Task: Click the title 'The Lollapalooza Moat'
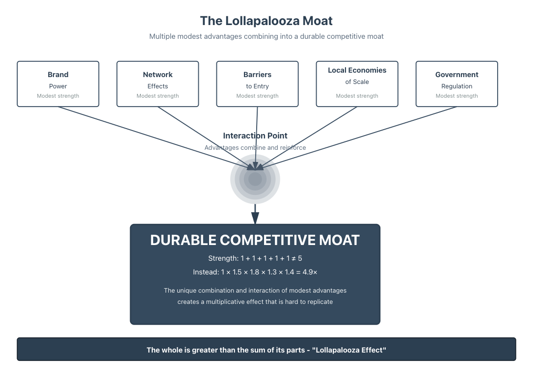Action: pyautogui.click(x=267, y=21)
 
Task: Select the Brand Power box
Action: pyautogui.click(x=58, y=84)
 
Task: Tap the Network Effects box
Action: pyautogui.click(x=158, y=84)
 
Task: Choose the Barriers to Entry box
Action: pyautogui.click(x=257, y=84)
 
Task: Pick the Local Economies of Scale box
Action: pyautogui.click(x=357, y=84)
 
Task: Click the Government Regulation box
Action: pyautogui.click(x=456, y=84)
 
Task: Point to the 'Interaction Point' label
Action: pyautogui.click(x=255, y=136)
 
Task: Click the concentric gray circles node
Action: pyautogui.click(x=255, y=179)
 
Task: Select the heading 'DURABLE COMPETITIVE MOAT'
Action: pyautogui.click(x=255, y=240)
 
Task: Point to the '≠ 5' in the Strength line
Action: pyautogui.click(x=297, y=258)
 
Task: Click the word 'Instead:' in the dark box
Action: pyautogui.click(x=206, y=272)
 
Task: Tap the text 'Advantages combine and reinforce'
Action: pyautogui.click(x=255, y=148)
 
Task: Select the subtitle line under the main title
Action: pyautogui.click(x=267, y=36)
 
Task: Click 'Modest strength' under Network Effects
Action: pyautogui.click(x=158, y=96)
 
